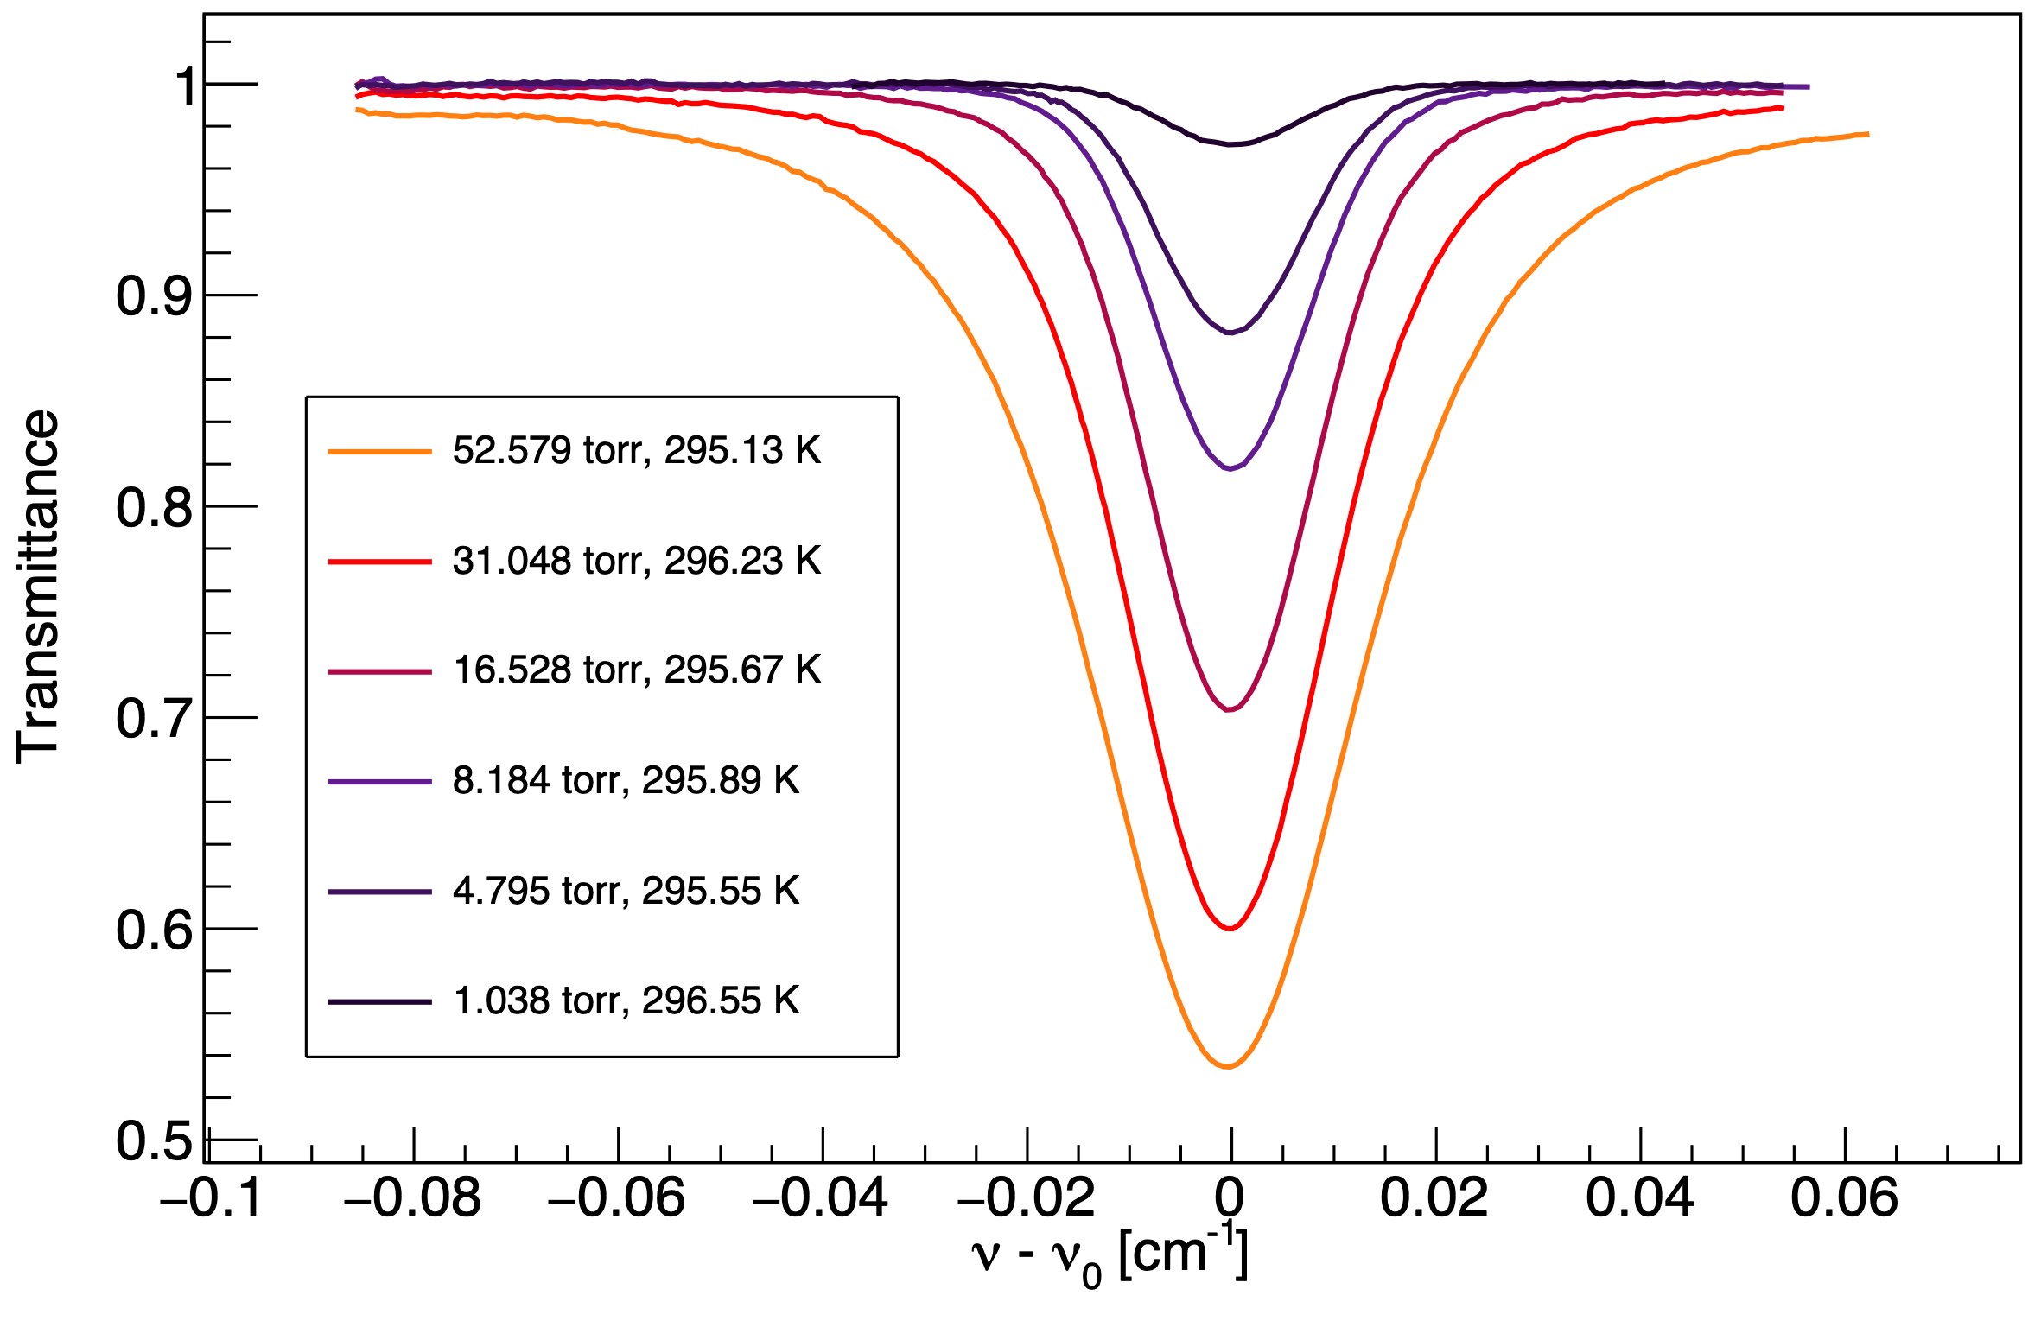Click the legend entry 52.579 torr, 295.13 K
tap(636, 450)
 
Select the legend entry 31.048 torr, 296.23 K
tap(636, 561)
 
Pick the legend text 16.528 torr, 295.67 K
tap(636, 670)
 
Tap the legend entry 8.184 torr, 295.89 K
tap(626, 780)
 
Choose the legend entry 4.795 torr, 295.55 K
tap(626, 891)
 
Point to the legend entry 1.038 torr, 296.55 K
tap(626, 1000)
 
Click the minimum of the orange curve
tap(1228, 1067)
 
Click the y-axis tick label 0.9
tap(154, 296)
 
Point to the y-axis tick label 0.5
tap(154, 1141)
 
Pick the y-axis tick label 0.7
tap(154, 719)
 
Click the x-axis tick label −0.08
tap(412, 1199)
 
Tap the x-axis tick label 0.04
tap(1639, 1199)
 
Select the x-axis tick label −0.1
tap(211, 1199)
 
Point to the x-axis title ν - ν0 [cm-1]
tap(1110, 1257)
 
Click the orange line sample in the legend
tap(379, 451)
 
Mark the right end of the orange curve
tap(1868, 134)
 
